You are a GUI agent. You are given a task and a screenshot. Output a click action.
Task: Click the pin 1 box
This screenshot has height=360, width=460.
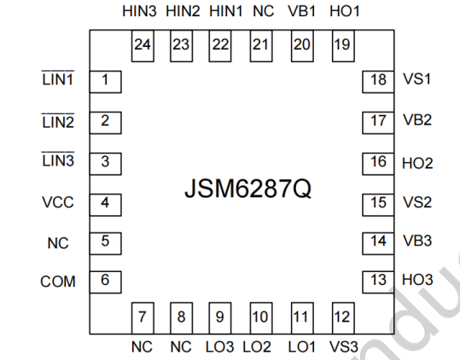point(105,82)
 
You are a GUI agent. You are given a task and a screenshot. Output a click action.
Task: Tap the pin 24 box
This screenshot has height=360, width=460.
point(143,46)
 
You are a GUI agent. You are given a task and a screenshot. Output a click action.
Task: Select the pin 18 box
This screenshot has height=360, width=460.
point(378,82)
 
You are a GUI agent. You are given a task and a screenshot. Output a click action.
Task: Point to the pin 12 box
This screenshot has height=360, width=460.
point(343,318)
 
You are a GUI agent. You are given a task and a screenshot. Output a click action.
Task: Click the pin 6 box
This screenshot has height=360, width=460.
point(105,282)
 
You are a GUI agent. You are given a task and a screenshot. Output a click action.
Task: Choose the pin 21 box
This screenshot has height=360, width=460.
point(261,46)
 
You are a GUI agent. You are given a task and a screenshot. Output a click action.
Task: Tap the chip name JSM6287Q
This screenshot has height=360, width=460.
point(247,189)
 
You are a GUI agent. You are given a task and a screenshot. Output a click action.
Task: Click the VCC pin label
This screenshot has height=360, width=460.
point(58,202)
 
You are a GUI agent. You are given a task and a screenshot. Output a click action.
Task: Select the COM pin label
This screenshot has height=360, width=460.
point(58,282)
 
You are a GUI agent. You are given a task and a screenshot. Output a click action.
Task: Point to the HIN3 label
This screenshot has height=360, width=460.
point(139,11)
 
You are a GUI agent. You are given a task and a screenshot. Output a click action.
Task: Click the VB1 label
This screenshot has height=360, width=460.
point(301,11)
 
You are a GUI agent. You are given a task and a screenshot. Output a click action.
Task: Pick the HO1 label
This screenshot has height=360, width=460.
point(345,11)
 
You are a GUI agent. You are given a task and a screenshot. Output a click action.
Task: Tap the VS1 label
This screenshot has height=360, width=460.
point(416,78)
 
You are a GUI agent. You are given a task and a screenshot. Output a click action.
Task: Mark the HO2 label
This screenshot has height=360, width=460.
point(417,163)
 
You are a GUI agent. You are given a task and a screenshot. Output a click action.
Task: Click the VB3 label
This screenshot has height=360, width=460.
point(417,241)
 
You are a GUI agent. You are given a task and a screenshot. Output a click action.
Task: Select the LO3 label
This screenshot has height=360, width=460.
point(219,347)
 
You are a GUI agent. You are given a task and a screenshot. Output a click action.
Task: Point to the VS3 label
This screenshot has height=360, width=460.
point(344,347)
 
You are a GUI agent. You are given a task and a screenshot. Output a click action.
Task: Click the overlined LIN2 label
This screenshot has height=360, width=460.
point(58,121)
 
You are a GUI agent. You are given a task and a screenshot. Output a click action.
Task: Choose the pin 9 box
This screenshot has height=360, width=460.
point(220,318)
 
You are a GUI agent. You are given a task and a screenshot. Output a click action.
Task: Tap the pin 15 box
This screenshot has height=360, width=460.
point(378,205)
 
